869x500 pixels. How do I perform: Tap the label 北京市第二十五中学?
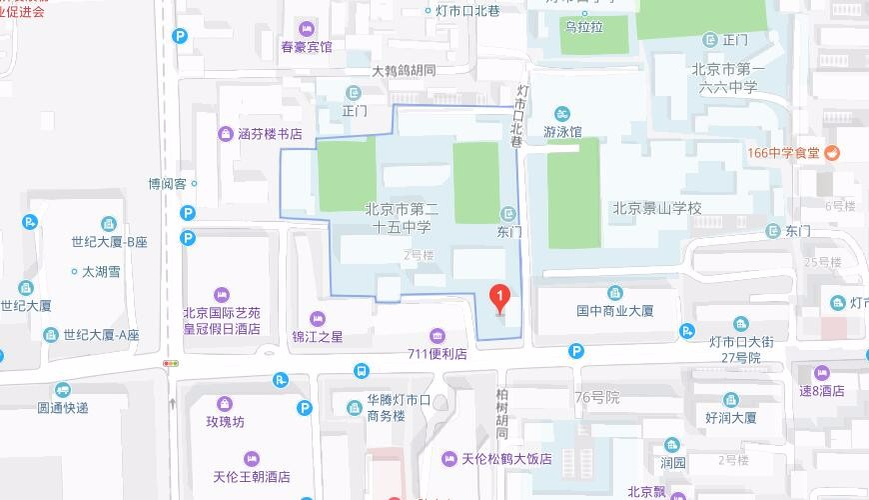[x=402, y=218]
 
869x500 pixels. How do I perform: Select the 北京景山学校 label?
[x=657, y=209]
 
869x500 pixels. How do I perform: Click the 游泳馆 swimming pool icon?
[x=563, y=112]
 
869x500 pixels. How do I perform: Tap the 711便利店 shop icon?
[x=436, y=335]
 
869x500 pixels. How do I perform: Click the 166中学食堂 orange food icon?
[x=831, y=153]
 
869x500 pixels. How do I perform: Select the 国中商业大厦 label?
[x=614, y=311]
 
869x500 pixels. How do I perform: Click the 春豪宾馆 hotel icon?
[x=306, y=28]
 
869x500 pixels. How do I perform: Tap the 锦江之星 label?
[x=317, y=337]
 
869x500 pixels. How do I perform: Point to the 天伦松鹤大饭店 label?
[x=505, y=459]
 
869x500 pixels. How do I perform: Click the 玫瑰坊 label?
[x=225, y=422]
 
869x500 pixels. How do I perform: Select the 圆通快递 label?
[x=63, y=407]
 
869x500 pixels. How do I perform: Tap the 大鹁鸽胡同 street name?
[x=404, y=71]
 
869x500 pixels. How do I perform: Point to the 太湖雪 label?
[x=101, y=271]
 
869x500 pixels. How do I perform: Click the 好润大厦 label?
[x=730, y=417]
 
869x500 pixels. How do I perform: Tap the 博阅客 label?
[x=167, y=184]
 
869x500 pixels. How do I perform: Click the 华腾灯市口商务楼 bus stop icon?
[x=360, y=371]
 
